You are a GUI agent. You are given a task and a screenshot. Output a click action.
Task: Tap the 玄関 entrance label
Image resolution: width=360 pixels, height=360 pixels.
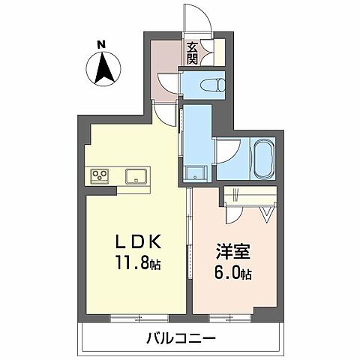click(x=193, y=51)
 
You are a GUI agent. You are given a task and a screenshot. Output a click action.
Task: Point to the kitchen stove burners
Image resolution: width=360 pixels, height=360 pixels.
click(x=99, y=177)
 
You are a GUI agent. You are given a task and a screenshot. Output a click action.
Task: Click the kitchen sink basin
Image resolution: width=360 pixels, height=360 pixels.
click(x=136, y=177)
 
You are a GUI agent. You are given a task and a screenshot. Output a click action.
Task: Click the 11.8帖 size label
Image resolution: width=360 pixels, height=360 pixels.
click(x=138, y=265)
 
